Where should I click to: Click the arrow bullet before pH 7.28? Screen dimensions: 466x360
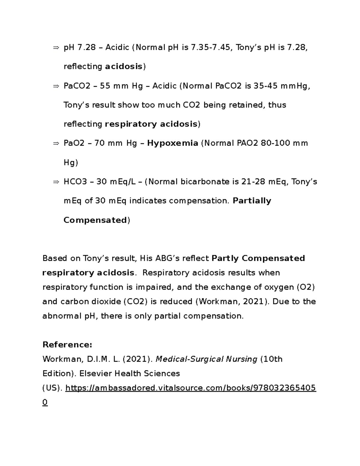tap(56, 47)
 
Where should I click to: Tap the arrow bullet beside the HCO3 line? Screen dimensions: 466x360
tap(56, 182)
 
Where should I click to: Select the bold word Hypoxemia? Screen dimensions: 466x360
tap(172, 143)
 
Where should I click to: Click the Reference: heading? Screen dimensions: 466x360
tap(67, 344)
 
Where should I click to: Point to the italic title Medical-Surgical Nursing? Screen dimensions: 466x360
tap(207, 359)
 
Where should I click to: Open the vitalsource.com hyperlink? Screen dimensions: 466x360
tap(190, 388)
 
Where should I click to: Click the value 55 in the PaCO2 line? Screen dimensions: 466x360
tap(105, 86)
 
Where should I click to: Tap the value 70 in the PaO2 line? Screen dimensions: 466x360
tap(99, 143)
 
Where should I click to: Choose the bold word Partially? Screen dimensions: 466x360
tap(252, 201)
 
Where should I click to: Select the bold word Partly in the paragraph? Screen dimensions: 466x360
tap(225, 258)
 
